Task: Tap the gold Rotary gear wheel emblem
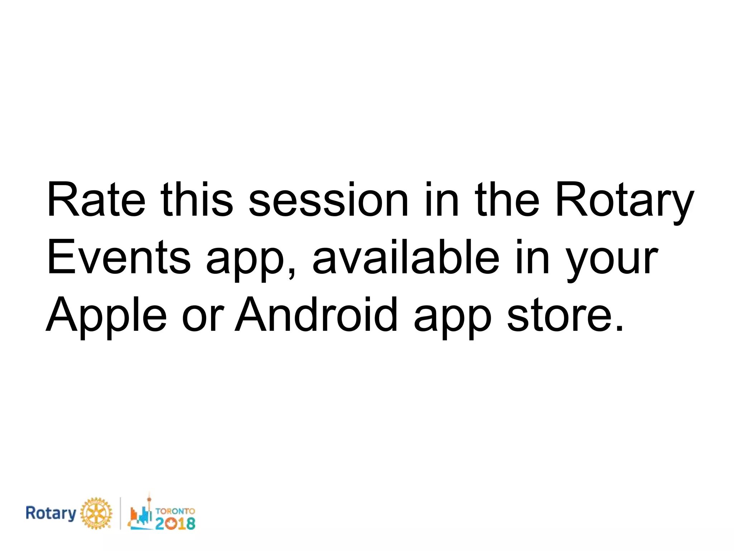(95, 513)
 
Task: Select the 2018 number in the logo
(175, 523)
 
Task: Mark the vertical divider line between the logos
(120, 513)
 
